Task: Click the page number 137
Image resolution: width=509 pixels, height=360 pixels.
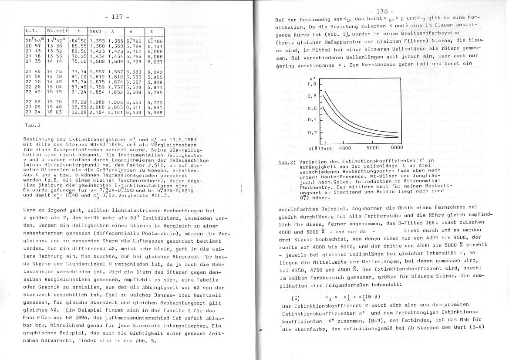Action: [x=117, y=17]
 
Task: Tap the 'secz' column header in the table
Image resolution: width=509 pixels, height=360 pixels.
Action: [x=95, y=31]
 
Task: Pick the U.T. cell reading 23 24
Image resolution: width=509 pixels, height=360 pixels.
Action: [x=33, y=112]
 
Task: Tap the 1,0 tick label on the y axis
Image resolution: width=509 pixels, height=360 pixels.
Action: [x=311, y=84]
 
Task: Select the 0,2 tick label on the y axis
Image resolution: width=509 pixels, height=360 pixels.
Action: [x=312, y=132]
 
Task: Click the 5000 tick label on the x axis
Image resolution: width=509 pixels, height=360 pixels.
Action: [x=373, y=148]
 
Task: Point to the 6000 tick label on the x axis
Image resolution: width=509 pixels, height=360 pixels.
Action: [x=397, y=148]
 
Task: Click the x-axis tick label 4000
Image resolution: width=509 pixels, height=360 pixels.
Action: [x=345, y=148]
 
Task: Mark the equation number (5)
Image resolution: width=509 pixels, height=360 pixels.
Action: [x=297, y=298]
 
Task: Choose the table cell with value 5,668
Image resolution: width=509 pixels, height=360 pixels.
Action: [x=155, y=112]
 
